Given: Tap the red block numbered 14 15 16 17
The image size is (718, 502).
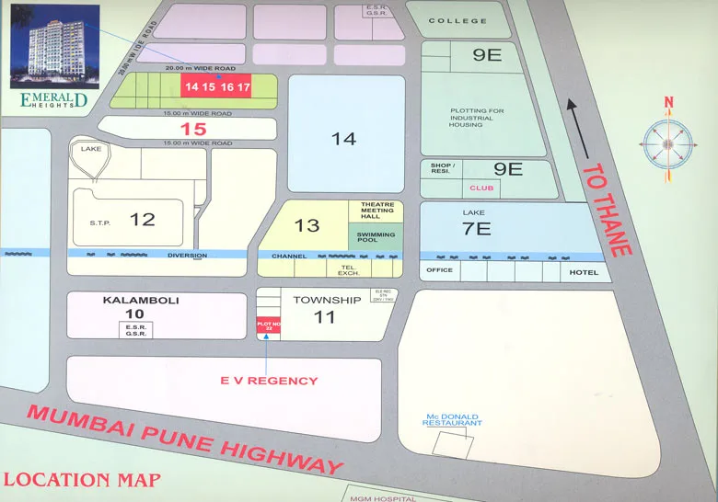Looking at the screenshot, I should [x=216, y=87].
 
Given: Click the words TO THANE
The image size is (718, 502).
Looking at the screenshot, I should [x=608, y=211].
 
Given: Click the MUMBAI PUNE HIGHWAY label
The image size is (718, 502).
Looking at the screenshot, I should [x=185, y=439].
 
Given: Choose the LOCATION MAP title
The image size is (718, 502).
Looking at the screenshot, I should [x=82, y=480].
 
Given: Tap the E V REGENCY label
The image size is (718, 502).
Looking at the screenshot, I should [x=270, y=381].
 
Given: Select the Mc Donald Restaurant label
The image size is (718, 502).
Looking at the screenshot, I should [x=451, y=420].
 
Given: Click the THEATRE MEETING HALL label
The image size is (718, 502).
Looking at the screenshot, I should [x=376, y=211].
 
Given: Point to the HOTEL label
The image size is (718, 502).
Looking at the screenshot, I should [x=583, y=272].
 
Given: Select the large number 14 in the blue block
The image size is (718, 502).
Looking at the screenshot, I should [x=344, y=139].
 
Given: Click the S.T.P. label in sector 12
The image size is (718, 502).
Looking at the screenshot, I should [x=99, y=222].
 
